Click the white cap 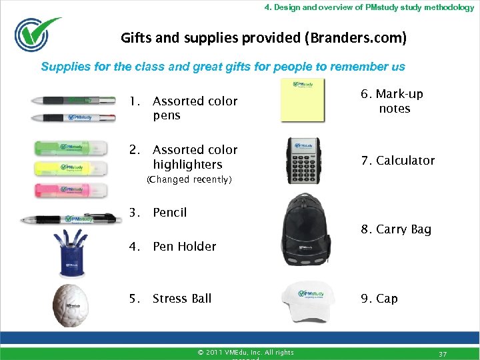tap(307, 302)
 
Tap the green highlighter tap(70, 149)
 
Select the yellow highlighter tap(70, 169)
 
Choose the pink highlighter tap(70, 190)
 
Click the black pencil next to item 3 tap(70, 219)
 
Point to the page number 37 tap(443, 353)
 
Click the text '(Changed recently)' tap(189, 179)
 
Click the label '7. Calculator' tap(397, 161)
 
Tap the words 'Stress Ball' tap(182, 299)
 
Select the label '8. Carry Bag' tap(396, 229)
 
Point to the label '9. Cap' tap(379, 299)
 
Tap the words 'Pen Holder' tap(185, 247)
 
